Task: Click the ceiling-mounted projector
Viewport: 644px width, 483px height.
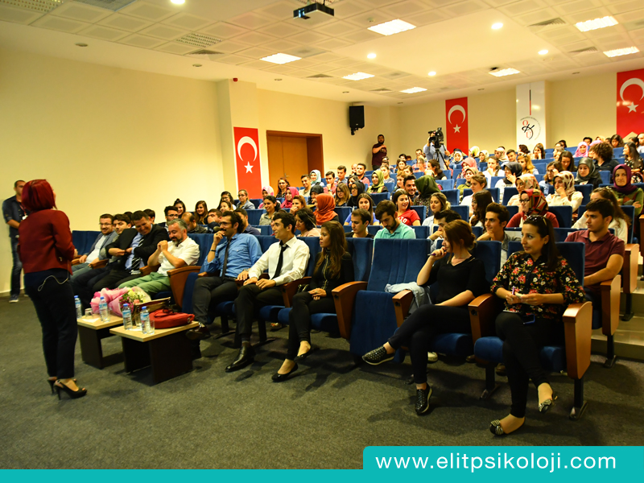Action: click(313, 10)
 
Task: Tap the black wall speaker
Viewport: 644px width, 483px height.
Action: click(357, 118)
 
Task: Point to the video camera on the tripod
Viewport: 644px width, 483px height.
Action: click(436, 137)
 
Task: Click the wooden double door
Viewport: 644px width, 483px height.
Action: click(294, 158)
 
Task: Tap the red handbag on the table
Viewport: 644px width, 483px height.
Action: click(171, 318)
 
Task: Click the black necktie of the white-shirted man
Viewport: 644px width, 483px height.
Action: click(279, 261)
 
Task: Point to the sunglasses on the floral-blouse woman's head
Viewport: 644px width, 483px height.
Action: click(536, 220)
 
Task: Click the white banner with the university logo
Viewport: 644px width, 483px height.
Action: click(530, 114)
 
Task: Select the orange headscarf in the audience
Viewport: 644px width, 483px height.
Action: click(325, 208)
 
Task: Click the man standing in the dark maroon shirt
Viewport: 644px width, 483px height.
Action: click(378, 151)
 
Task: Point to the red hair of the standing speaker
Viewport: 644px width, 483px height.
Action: click(38, 196)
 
